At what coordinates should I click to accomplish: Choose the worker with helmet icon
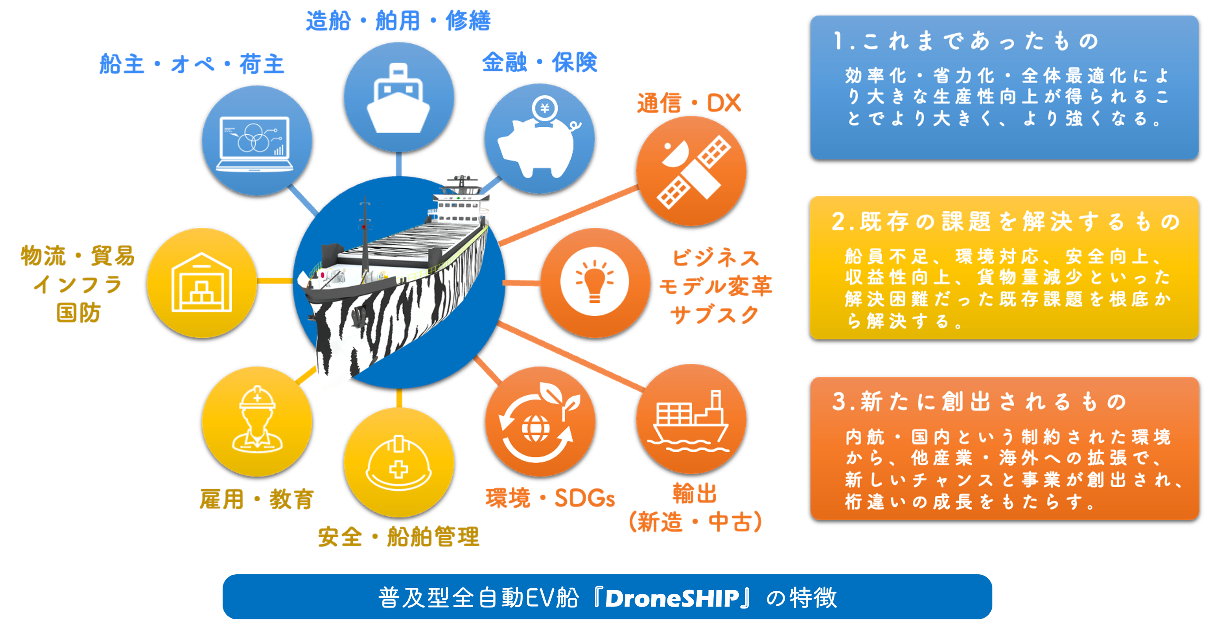(257, 420)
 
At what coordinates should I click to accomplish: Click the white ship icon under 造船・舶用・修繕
(398, 98)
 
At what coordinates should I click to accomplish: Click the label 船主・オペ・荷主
(192, 64)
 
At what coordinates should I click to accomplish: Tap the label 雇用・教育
(256, 499)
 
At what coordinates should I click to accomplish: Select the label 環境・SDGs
(550, 498)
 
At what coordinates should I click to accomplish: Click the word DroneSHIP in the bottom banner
(671, 598)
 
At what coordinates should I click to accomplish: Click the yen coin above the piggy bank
(545, 109)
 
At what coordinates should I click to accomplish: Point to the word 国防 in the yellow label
(78, 312)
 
